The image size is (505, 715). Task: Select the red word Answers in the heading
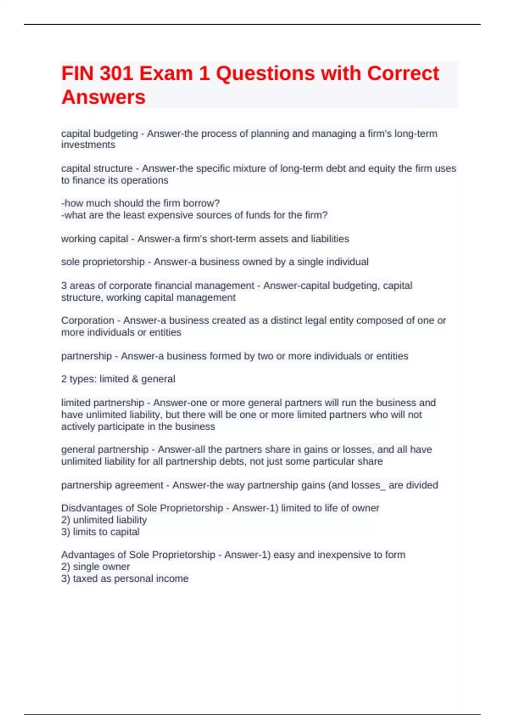coord(104,97)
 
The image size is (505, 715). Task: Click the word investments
coord(88,145)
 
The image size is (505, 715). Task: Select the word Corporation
coord(88,320)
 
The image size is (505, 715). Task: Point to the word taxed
coord(85,579)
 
